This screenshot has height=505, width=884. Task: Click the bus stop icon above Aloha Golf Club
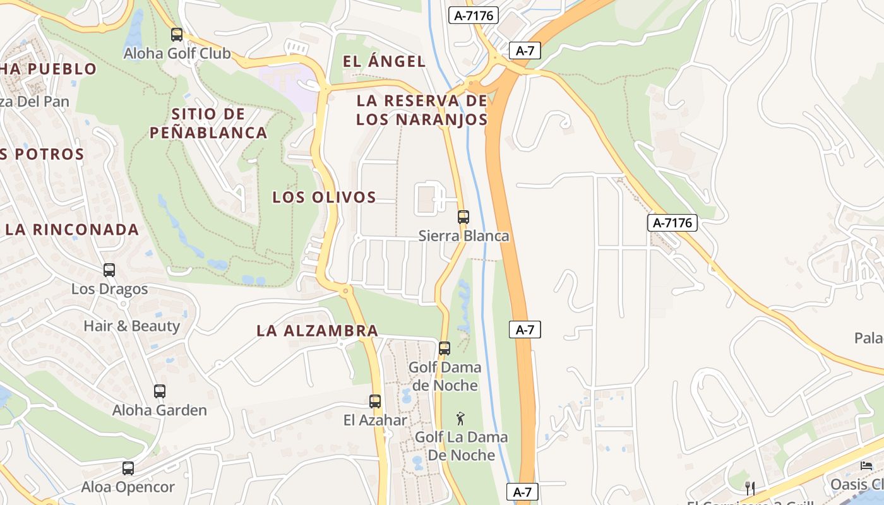tap(177, 35)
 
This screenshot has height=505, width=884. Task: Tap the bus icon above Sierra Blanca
tap(463, 217)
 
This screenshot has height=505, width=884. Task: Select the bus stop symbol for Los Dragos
tap(109, 270)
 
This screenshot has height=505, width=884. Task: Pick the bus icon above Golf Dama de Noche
tap(445, 348)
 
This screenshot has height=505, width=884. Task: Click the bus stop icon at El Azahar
tap(375, 401)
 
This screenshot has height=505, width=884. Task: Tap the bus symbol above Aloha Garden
tap(160, 391)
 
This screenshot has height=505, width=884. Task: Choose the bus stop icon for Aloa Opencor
tap(128, 468)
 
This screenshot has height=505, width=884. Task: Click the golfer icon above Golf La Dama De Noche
tap(461, 418)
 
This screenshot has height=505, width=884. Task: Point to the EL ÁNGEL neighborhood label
tap(384, 61)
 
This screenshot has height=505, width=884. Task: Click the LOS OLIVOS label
tap(324, 197)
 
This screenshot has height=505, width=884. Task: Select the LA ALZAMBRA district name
tap(317, 330)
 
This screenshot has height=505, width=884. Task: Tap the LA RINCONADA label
tap(71, 229)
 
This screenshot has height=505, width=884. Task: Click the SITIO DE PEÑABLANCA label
tap(208, 124)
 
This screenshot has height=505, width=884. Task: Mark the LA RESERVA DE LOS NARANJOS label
tap(422, 110)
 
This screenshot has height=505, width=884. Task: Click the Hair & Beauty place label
tap(132, 326)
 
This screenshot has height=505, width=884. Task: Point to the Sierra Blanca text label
tap(463, 236)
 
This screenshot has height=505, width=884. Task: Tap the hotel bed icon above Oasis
tap(866, 466)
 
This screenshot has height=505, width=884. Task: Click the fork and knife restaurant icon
tap(750, 487)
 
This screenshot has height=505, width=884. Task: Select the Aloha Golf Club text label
tap(177, 54)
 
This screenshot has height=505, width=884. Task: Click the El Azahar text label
tap(375, 420)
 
